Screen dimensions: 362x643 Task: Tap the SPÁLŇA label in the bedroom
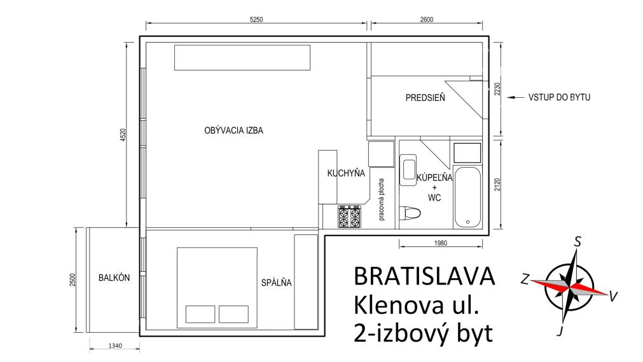tap(276, 283)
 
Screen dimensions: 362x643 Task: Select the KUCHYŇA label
tap(345, 173)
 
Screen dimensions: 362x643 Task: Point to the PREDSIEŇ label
tap(425, 98)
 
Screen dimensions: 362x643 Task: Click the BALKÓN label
tap(114, 278)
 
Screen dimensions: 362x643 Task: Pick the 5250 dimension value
tap(256, 20)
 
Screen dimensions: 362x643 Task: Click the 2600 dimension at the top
tap(426, 20)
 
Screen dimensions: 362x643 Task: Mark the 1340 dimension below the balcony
tap(114, 346)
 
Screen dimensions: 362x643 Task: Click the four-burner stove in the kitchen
tap(350, 217)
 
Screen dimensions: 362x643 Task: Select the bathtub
tap(467, 197)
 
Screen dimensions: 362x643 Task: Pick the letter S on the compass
tap(577, 241)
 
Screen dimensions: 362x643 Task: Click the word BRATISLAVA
tap(423, 276)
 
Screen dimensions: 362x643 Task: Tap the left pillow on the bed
tap(200, 314)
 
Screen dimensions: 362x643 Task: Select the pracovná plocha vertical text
tap(382, 199)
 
